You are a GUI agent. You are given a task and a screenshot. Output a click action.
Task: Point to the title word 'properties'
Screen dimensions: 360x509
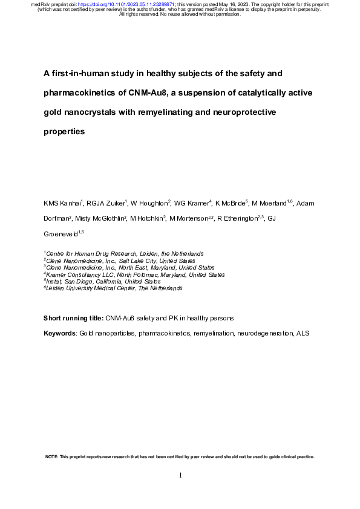coord(64,131)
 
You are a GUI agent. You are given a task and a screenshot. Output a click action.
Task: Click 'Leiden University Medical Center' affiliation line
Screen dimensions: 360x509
coord(115,289)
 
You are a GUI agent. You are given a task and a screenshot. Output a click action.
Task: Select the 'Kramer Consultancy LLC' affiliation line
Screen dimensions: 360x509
coord(135,274)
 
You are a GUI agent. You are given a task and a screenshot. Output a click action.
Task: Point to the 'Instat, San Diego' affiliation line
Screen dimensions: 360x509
coord(103,282)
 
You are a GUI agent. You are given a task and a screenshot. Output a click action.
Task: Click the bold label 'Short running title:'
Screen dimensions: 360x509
coord(74,318)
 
